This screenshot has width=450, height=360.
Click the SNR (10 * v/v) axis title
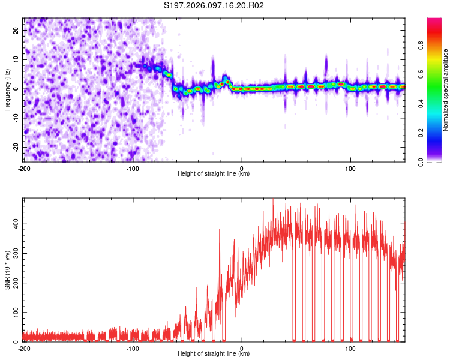coord(7,270)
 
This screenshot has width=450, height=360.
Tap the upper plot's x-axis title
coord(214,174)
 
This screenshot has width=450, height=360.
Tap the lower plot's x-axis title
coord(214,354)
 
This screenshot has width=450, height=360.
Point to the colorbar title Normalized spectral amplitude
coord(446,90)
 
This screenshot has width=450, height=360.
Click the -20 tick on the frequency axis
coord(16,148)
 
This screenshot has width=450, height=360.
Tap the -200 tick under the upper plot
coord(24,168)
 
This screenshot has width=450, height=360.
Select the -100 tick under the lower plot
coord(133,348)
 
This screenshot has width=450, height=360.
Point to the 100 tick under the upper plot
coord(350,168)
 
